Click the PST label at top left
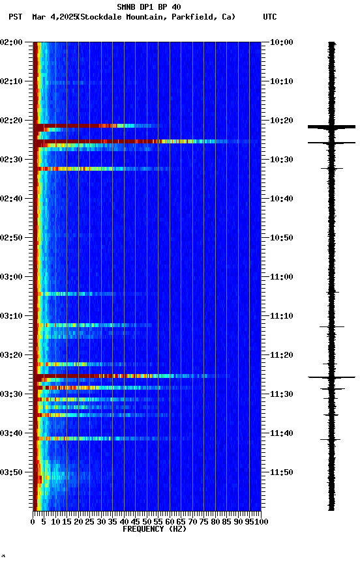click(16, 17)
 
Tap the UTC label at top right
click(269, 17)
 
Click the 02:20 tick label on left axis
click(12, 121)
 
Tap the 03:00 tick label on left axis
click(12, 277)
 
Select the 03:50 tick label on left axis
click(12, 472)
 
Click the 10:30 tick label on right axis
click(281, 160)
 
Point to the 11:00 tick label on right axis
click(281, 277)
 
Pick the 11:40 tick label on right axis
click(281, 433)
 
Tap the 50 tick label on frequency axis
click(147, 521)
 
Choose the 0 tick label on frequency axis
click(33, 521)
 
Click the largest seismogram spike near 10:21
click(332, 126)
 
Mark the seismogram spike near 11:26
click(332, 377)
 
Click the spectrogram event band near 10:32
click(98, 169)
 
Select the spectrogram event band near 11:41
click(98, 439)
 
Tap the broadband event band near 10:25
click(143, 141)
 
